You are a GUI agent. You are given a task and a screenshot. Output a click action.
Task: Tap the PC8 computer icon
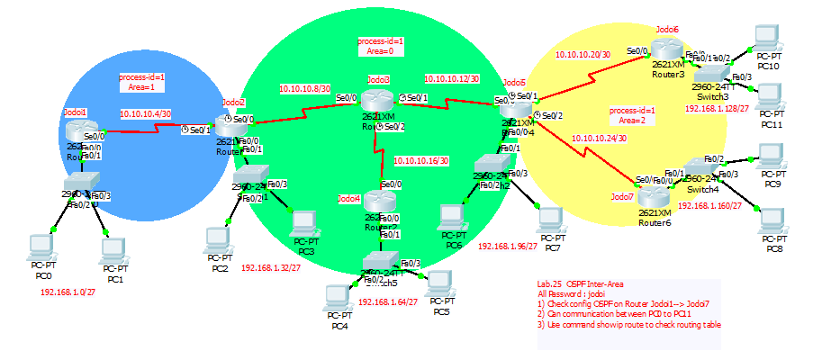tap(771, 220)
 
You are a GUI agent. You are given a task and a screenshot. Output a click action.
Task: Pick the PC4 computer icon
tap(339, 298)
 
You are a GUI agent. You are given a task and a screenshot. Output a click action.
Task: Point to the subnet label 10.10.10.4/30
tap(146, 114)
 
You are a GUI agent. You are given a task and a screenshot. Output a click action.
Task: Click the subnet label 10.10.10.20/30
tap(583, 55)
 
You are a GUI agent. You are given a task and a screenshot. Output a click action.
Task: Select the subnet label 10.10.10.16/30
tap(422, 160)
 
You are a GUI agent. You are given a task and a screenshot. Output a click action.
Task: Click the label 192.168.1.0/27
tap(68, 292)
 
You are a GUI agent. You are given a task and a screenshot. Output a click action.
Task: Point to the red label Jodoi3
tap(378, 80)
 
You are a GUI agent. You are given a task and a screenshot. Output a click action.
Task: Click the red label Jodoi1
tap(75, 112)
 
